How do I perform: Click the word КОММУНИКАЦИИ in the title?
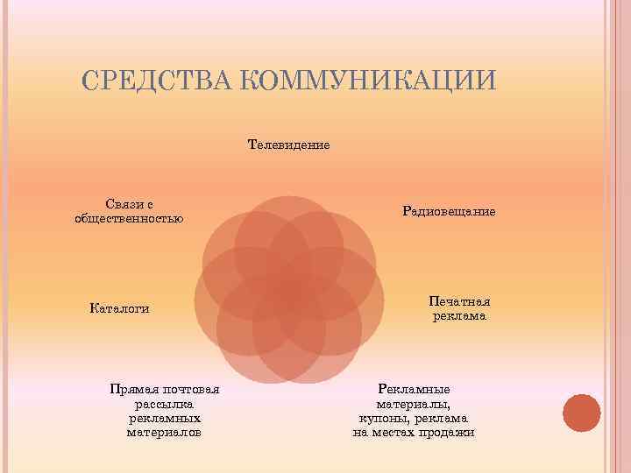pos(368,80)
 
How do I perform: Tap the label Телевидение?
pos(289,144)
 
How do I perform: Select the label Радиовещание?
pos(450,211)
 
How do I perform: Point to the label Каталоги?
pos(119,307)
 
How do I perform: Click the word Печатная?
pos(459,300)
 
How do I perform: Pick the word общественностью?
pos(130,217)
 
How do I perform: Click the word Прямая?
pos(133,390)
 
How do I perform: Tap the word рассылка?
pos(164,404)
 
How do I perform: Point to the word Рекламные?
pos(414,390)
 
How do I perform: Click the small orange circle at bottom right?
pos(581,413)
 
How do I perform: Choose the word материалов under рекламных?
pos(164,433)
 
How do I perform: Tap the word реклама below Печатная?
pos(459,315)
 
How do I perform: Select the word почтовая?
pos(191,390)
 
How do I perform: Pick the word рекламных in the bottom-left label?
pos(164,419)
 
